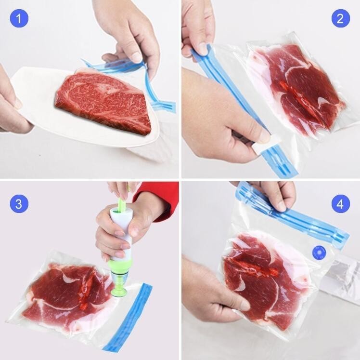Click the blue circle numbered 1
pyautogui.click(x=19, y=18)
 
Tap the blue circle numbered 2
pyautogui.click(x=341, y=18)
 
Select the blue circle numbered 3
pyautogui.click(x=19, y=204)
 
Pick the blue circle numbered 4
pyautogui.click(x=341, y=204)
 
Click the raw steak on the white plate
pyautogui.click(x=103, y=101)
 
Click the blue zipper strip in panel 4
pyautogui.click(x=292, y=216)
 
